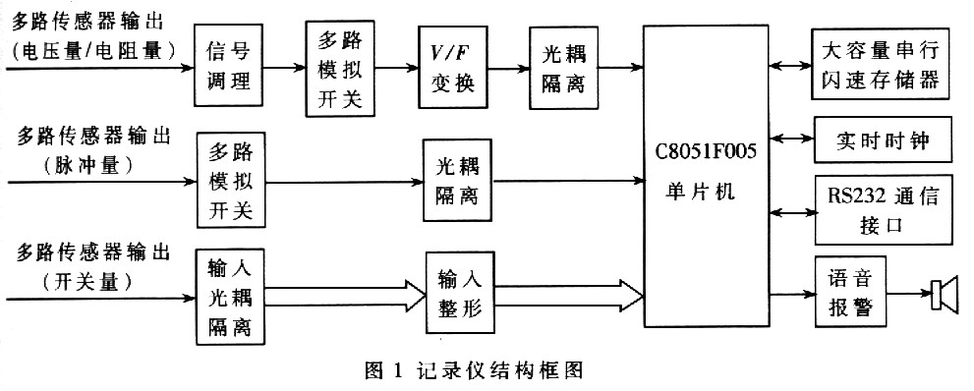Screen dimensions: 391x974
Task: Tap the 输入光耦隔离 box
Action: pos(230,296)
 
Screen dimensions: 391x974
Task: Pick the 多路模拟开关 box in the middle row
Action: pos(230,181)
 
